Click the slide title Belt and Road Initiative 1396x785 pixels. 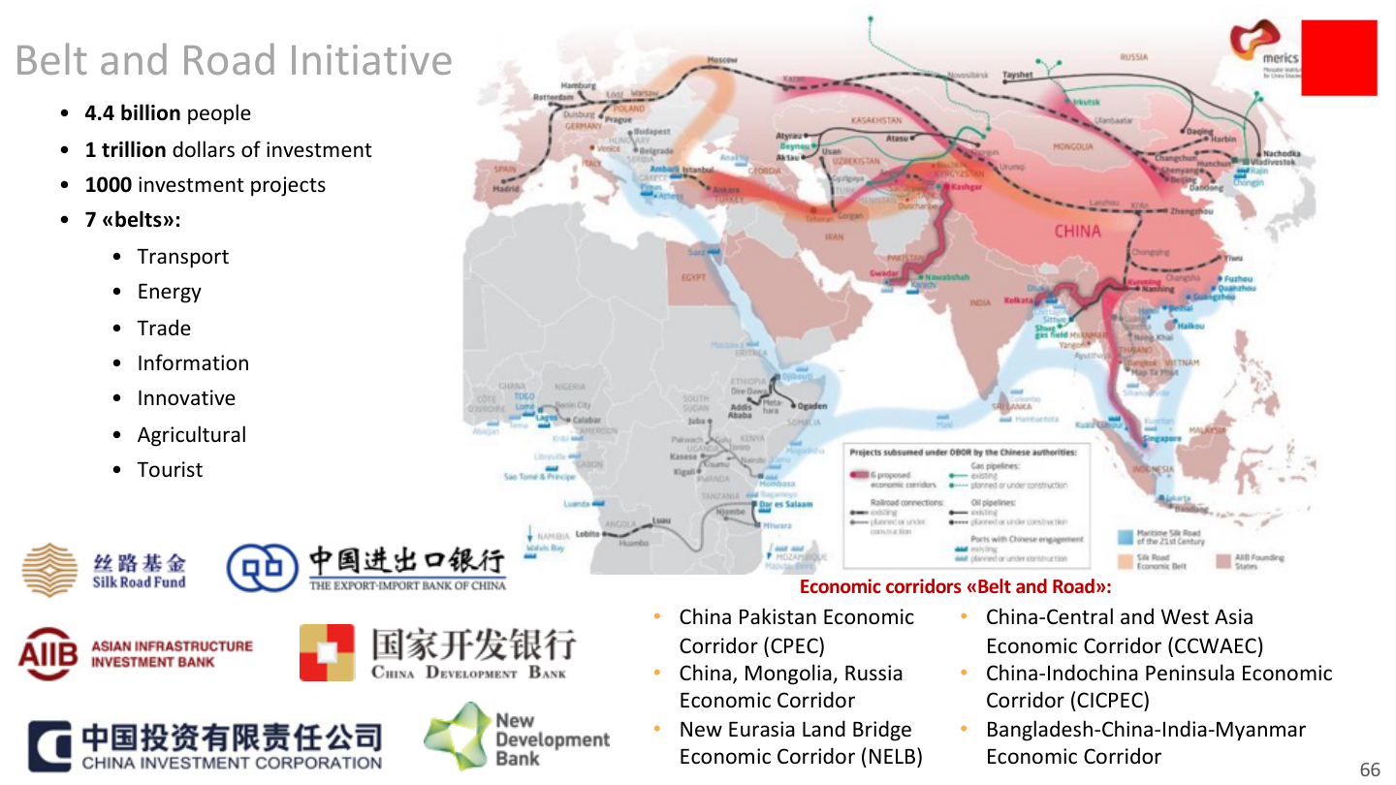tap(234, 60)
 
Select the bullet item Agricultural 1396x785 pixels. tap(192, 435)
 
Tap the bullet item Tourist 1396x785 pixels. tap(170, 470)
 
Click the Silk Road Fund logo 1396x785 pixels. tap(104, 571)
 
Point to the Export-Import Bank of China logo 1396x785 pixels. tap(366, 569)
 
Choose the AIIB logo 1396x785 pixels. tap(136, 654)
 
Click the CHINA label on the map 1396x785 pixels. tap(1077, 231)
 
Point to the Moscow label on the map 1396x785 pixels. tap(722, 60)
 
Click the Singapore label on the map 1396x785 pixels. tap(1161, 438)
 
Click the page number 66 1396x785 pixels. tap(1370, 769)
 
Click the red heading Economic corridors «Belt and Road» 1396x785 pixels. tap(955, 587)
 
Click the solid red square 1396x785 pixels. tap(1339, 57)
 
